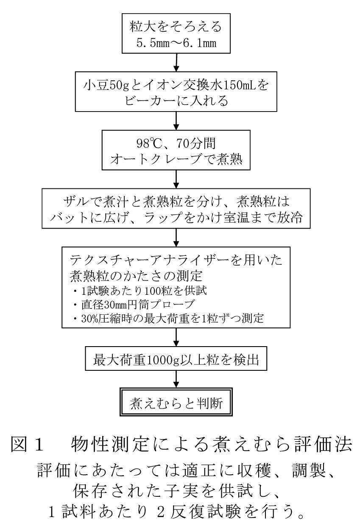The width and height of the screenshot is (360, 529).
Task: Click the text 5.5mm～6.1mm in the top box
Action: (176, 44)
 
